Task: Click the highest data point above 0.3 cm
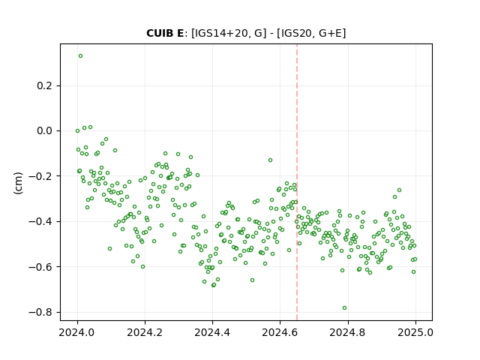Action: [80, 56]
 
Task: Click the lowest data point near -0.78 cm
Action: [345, 308]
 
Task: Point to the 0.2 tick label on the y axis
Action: [44, 85]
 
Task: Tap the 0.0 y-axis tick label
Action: [44, 131]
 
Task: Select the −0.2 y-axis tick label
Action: [40, 176]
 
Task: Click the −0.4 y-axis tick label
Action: [40, 222]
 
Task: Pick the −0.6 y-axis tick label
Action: [40, 267]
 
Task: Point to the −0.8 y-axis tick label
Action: [40, 312]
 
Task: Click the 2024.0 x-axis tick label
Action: [77, 332]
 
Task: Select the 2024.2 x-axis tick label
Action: [145, 332]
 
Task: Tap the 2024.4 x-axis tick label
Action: [212, 332]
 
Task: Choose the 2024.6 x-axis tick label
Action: [280, 332]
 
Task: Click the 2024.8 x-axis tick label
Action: [348, 332]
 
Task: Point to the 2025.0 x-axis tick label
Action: [415, 332]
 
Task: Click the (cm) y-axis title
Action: [18, 183]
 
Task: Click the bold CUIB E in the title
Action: [165, 33]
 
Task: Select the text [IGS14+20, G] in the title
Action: [229, 33]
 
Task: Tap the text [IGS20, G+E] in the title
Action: [311, 33]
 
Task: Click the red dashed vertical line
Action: [297, 182]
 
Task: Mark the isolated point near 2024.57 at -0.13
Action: [270, 160]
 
